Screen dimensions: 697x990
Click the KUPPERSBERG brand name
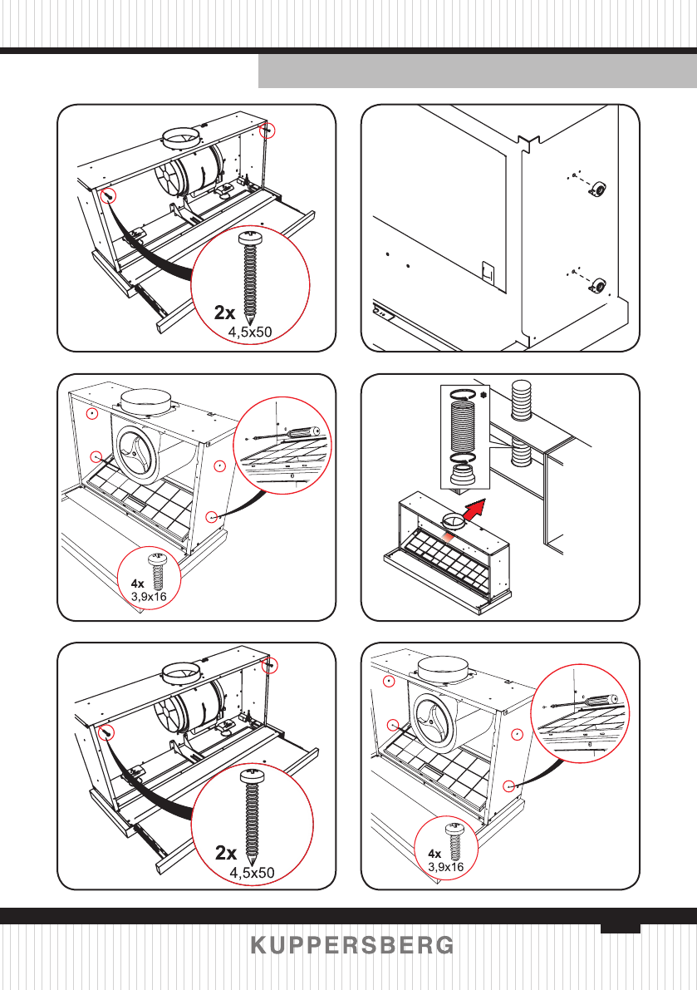tap(352, 945)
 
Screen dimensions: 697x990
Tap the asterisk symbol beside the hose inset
tap(483, 395)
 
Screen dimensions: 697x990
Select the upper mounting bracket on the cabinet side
tap(598, 188)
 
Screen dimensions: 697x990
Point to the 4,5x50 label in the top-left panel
tap(250, 332)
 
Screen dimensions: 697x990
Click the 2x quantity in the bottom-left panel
tap(226, 852)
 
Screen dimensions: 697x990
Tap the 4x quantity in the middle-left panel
tap(138, 584)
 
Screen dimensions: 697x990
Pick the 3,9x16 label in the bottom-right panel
tap(446, 867)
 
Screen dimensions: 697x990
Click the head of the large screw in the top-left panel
tap(252, 239)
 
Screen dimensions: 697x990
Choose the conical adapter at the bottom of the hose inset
tap(465, 475)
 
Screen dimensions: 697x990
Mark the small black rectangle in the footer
tap(621, 928)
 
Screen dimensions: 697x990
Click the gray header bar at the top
tap(478, 71)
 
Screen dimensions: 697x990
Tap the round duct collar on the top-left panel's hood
tap(182, 138)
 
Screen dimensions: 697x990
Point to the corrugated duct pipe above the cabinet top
tap(521, 400)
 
